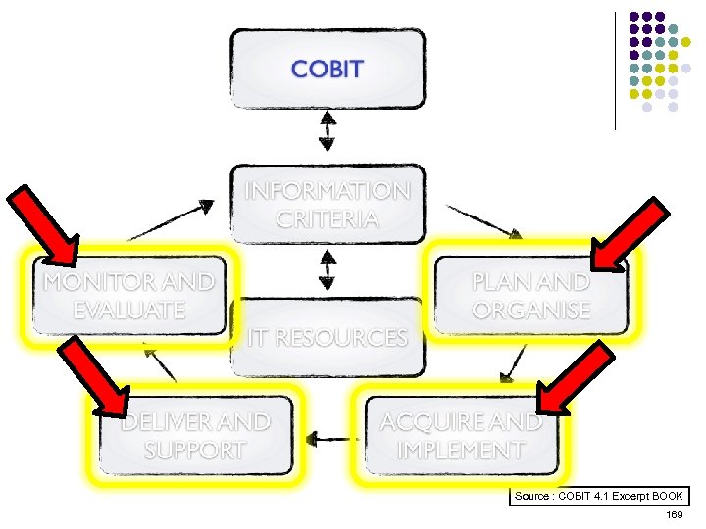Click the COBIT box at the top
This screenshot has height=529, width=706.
point(328,69)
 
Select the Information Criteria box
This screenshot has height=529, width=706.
point(328,204)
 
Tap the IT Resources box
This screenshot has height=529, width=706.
point(328,338)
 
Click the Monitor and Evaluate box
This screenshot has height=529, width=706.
point(128,296)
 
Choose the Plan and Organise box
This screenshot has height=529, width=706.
point(530,296)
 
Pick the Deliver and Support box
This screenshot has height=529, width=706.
point(195,436)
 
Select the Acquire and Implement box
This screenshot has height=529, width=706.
point(460,436)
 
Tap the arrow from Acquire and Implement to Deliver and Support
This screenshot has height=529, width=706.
point(329,438)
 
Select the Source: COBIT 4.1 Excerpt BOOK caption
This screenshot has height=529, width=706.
point(599,497)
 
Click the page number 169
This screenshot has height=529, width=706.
point(674,515)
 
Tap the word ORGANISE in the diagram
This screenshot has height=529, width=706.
point(530,311)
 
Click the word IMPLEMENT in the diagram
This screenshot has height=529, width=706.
point(460,451)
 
